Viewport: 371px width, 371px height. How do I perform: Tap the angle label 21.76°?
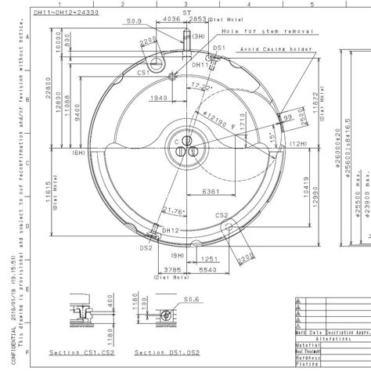(x=174, y=210)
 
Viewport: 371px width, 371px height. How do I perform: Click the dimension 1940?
(x=157, y=98)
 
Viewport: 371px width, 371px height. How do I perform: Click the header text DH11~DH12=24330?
(x=65, y=13)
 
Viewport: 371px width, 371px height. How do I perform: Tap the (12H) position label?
(x=297, y=144)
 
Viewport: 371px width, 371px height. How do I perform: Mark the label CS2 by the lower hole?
(x=222, y=215)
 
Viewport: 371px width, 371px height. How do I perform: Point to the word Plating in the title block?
(x=308, y=364)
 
